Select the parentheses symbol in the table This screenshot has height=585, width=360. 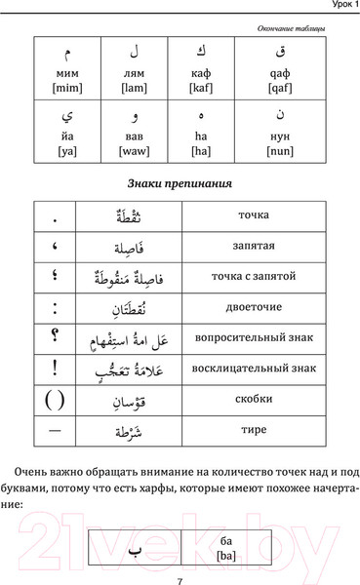(x=54, y=399)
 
